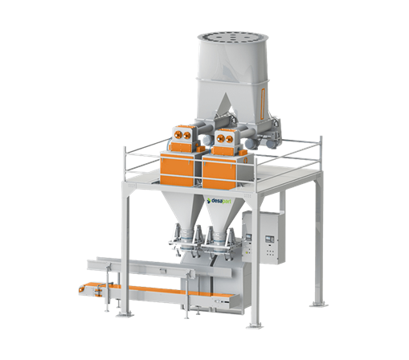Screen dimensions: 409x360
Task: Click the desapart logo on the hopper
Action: click(219, 201)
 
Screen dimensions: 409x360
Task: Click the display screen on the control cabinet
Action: click(268, 239)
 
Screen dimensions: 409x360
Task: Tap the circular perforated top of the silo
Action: click(233, 38)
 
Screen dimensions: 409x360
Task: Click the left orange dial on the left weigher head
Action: click(178, 134)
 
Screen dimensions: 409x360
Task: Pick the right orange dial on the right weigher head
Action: click(229, 139)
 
